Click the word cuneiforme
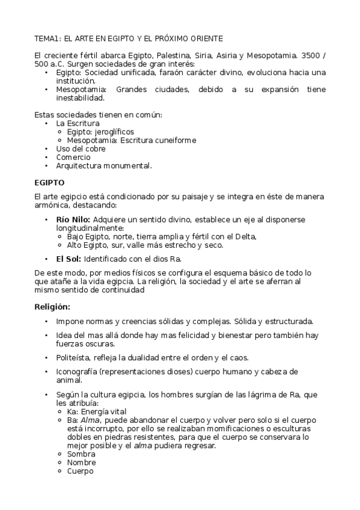tap(174, 140)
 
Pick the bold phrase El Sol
tap(69, 259)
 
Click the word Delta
tap(242, 236)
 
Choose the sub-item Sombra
tap(81, 454)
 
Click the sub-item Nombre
tap(82, 462)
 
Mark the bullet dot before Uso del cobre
tap(47, 149)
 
